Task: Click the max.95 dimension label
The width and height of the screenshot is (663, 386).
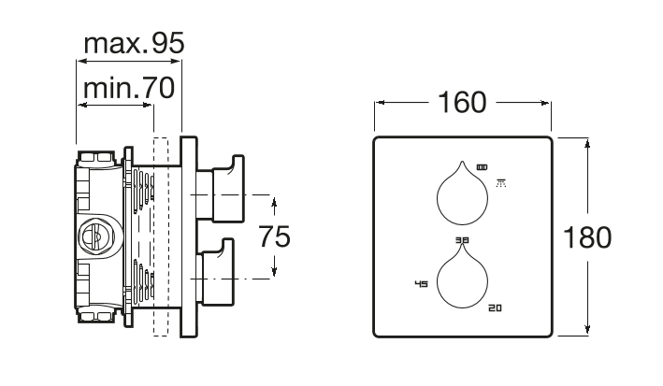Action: tap(134, 43)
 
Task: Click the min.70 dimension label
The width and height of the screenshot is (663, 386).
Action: tap(126, 90)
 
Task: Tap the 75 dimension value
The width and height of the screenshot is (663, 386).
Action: tap(275, 237)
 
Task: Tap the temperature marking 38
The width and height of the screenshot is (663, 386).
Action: tap(462, 241)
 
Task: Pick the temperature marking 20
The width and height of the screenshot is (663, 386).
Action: tap(495, 307)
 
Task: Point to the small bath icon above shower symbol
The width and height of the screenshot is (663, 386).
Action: tap(482, 166)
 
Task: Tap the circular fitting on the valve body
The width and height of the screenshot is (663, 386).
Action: tap(96, 235)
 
